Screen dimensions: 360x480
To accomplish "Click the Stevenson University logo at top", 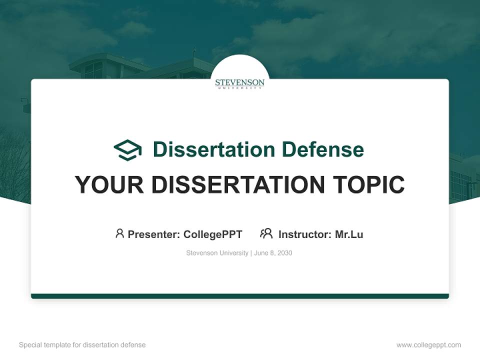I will (x=240, y=83).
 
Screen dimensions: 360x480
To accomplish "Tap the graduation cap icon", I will (x=128, y=149).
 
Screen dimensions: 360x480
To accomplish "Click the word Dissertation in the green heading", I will (x=213, y=149).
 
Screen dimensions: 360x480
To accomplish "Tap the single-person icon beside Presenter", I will (x=119, y=233).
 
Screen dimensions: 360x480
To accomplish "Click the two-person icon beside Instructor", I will (x=266, y=233).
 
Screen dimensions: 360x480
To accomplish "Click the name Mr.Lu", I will (x=349, y=234).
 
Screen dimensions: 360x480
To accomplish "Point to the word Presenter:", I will (x=154, y=234).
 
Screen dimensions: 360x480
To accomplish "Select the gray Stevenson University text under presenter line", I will (x=217, y=253).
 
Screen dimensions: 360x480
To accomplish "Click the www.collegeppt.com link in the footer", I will (x=428, y=345).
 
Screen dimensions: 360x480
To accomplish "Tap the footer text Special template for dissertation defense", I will (x=82, y=345).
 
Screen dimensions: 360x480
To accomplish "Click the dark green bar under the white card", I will (x=240, y=296).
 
